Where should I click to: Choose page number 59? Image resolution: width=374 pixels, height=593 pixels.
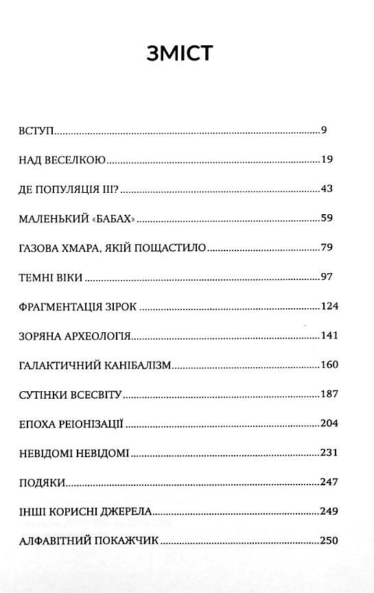click(327, 219)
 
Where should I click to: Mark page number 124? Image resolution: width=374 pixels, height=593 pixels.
click(329, 307)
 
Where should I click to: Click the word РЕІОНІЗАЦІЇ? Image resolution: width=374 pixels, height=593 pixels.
click(89, 424)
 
